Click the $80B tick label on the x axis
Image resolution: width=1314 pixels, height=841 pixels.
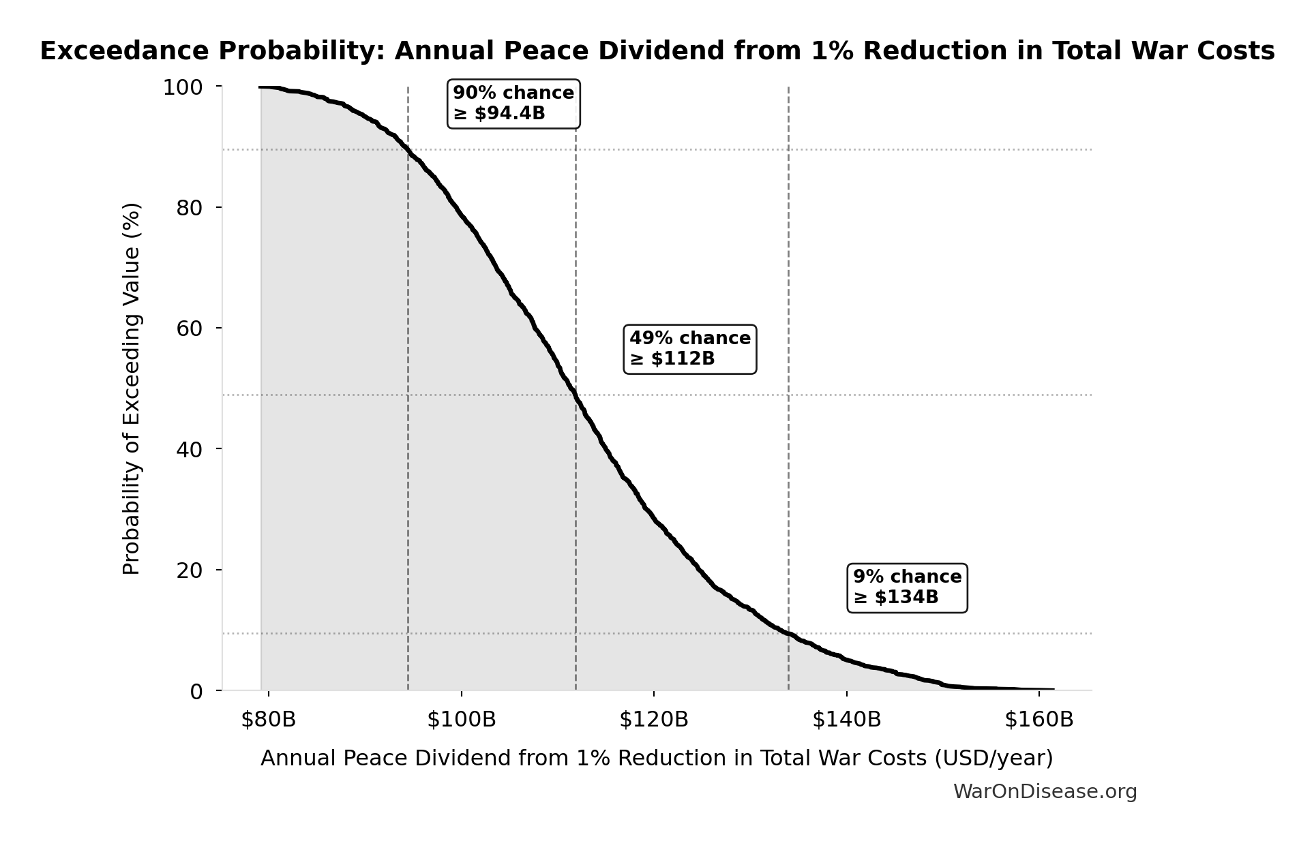click(x=268, y=720)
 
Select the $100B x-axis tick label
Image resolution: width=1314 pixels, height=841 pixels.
click(x=462, y=720)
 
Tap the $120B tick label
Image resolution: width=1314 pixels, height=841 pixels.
click(x=654, y=720)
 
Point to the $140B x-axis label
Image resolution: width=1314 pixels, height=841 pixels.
click(x=846, y=720)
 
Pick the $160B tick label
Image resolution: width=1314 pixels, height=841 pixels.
click(x=1039, y=720)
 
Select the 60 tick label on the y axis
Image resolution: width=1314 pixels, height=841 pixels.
click(x=190, y=328)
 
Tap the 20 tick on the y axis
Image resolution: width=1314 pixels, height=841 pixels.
click(x=190, y=570)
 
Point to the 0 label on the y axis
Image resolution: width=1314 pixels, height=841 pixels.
click(x=196, y=692)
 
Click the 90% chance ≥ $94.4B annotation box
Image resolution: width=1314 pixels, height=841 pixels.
click(x=513, y=104)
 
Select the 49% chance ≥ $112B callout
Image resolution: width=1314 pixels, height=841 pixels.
click(x=689, y=349)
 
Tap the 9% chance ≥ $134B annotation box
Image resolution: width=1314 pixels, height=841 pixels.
click(x=906, y=587)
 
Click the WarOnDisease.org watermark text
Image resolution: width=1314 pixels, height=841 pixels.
click(x=1045, y=791)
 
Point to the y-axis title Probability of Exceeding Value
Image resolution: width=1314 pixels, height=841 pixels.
click(x=131, y=388)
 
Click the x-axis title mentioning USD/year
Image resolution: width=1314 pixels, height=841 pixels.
click(x=656, y=758)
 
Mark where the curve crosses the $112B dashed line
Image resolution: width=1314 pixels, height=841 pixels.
click(x=576, y=394)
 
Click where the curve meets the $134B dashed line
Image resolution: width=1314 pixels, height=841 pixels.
click(x=788, y=634)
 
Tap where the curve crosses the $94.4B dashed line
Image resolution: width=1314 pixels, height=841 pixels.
click(x=408, y=150)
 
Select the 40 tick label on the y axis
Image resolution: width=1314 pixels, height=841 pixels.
click(x=190, y=449)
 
